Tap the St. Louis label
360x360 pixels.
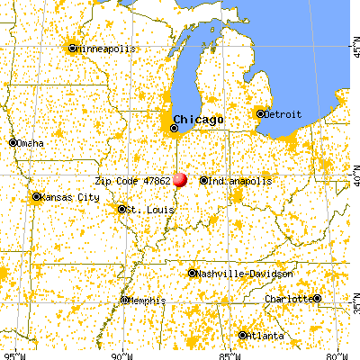[x=144, y=210]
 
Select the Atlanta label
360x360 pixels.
[x=266, y=336]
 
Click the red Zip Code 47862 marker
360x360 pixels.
[x=180, y=180]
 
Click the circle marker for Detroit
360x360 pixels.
[x=259, y=113]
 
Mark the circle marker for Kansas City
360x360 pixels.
[x=36, y=197]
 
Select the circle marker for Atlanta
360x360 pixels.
[x=242, y=336]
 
